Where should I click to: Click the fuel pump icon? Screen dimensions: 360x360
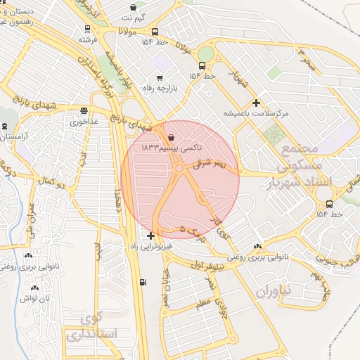[x=143, y=283]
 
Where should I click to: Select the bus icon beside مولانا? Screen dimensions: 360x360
[x=155, y=32]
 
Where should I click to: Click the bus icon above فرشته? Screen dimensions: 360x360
[x=87, y=29]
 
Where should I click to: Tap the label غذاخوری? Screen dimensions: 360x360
[x=85, y=121]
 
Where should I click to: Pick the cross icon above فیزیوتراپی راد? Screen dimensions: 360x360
[x=151, y=236]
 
